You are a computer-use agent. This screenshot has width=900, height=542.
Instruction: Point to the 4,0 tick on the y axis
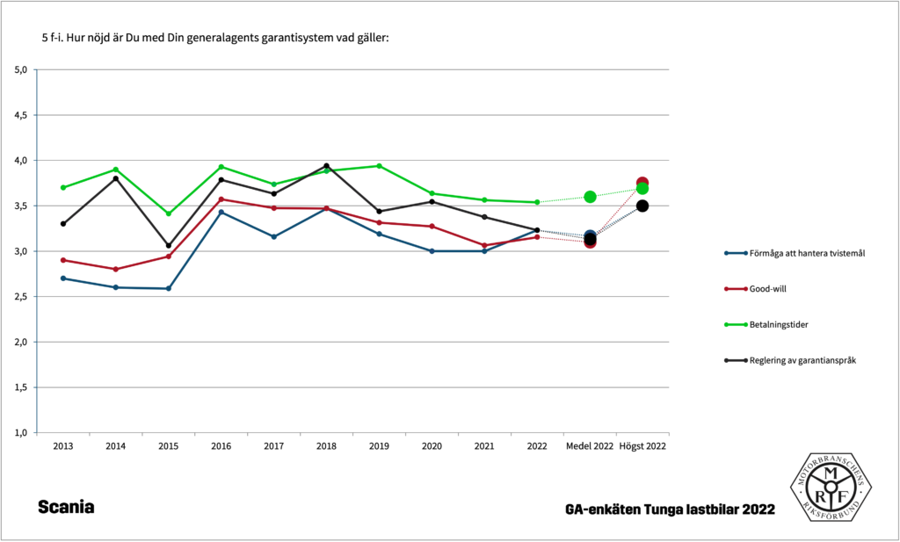[21, 161]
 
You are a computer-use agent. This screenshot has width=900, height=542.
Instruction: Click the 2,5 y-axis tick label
[21, 297]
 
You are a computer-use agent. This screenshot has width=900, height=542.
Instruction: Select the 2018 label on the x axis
[326, 447]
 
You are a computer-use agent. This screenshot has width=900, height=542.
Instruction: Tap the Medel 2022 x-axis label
[590, 447]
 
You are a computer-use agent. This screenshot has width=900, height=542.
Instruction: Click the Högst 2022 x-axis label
[642, 447]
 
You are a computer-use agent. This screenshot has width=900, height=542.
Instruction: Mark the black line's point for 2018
[326, 166]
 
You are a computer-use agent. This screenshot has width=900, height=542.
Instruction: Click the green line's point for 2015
[169, 213]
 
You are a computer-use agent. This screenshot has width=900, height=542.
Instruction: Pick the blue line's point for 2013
[63, 278]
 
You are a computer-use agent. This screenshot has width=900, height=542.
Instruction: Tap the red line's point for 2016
[221, 199]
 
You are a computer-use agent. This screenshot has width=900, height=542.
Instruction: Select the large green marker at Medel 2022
[590, 197]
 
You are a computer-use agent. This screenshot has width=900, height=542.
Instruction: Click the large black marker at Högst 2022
[642, 206]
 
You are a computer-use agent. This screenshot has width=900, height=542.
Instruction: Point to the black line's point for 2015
[169, 246]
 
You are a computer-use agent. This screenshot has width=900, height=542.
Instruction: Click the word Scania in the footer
[66, 508]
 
